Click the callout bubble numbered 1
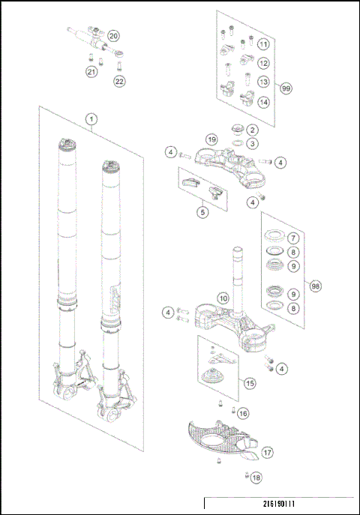(x=91, y=119)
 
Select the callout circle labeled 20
(x=113, y=36)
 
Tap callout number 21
(x=91, y=72)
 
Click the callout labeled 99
(x=286, y=88)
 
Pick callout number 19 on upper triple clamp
(x=211, y=139)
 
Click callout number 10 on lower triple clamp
(x=222, y=298)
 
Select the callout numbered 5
(x=202, y=213)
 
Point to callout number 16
(x=243, y=413)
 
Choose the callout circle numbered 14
(x=263, y=101)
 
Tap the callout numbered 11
(x=263, y=45)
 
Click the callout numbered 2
(x=253, y=130)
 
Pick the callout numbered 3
(x=253, y=143)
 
